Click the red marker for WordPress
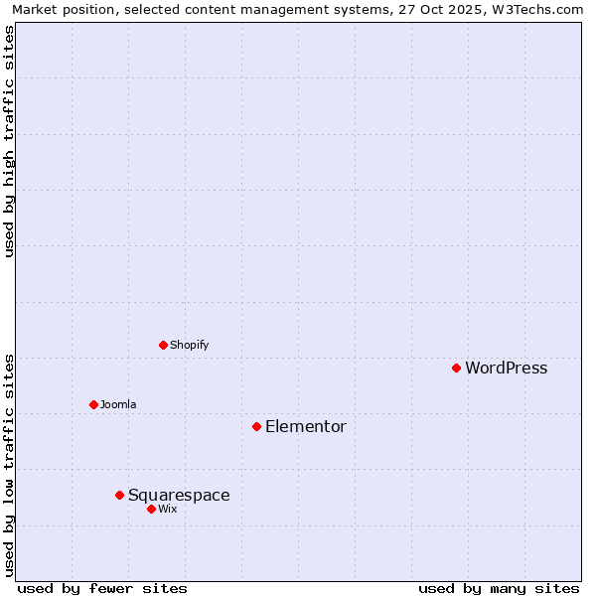[456, 368]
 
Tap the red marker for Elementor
[256, 426]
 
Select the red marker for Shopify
[163, 345]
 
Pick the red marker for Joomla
[93, 404]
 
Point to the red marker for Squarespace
[119, 495]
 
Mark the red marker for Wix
[151, 509]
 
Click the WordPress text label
[506, 368]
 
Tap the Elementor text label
[305, 426]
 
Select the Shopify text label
[189, 345]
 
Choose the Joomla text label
[117, 404]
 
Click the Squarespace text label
[179, 495]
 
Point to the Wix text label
[167, 509]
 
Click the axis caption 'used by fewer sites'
[102, 588]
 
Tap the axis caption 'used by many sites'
[499, 588]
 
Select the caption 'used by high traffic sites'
[10, 141]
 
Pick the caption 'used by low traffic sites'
[10, 465]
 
